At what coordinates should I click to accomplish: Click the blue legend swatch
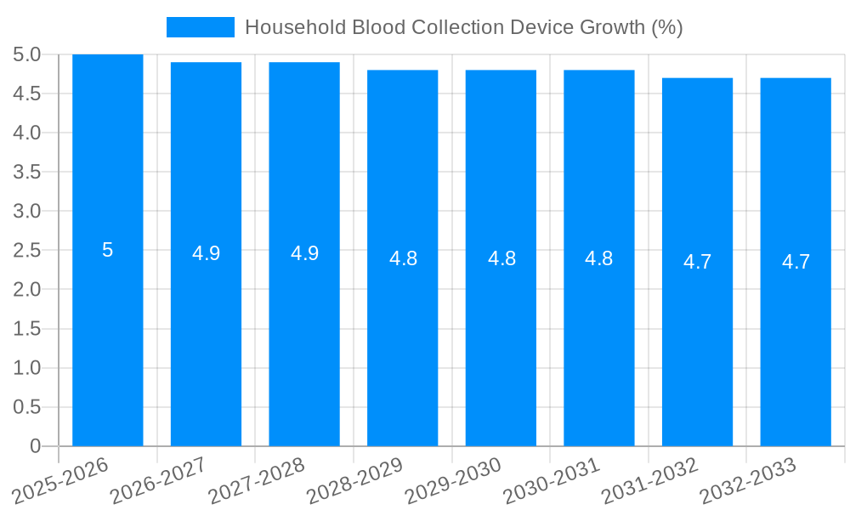[x=200, y=27]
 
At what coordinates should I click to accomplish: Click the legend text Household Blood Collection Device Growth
[x=463, y=27]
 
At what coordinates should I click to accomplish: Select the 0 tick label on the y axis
[x=35, y=446]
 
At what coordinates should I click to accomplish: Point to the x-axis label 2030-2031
[x=552, y=479]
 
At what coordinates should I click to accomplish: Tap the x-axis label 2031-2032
[x=649, y=479]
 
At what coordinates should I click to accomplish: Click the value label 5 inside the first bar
[x=108, y=250]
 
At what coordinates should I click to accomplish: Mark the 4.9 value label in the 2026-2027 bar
[x=206, y=253]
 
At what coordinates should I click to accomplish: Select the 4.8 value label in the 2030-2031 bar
[x=599, y=258]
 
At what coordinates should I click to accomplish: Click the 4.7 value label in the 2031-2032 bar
[x=697, y=262]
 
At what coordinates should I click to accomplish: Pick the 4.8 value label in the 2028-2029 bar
[x=403, y=258]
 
